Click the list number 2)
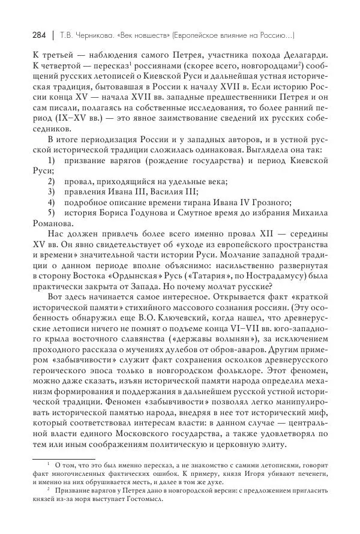pos(52,181)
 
